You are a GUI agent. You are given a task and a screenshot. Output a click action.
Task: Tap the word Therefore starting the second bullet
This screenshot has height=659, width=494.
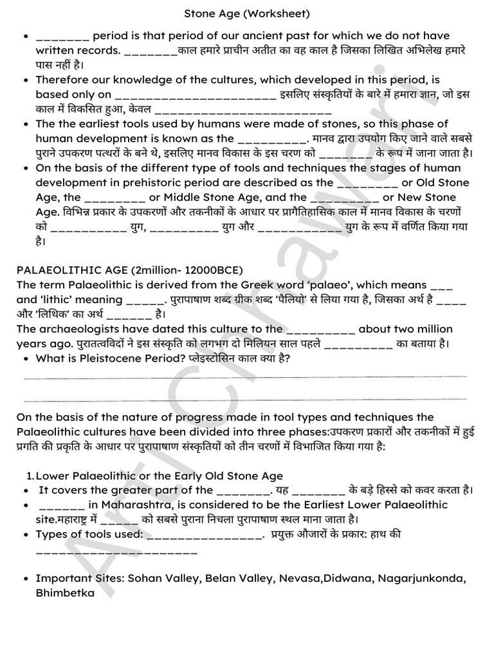(64, 80)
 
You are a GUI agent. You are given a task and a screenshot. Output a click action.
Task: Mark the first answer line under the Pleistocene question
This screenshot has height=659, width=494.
(245, 377)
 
